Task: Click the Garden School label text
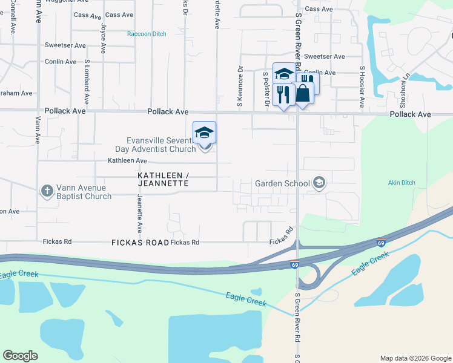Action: tap(282, 183)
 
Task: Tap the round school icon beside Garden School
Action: tap(319, 183)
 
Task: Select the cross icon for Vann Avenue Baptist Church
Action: tap(47, 192)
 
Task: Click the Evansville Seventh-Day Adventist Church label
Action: tap(155, 144)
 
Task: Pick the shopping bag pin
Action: tap(303, 94)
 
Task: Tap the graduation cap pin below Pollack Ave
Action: tap(205, 134)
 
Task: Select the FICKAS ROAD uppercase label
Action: tap(140, 243)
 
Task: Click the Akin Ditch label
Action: tap(400, 182)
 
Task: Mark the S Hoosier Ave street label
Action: tap(362, 88)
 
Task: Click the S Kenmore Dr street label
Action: tap(240, 91)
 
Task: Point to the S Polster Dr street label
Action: tap(265, 89)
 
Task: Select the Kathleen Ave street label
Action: tap(128, 161)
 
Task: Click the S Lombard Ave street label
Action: tap(87, 82)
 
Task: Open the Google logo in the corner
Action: tap(20, 356)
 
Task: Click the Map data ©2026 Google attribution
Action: tap(415, 358)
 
